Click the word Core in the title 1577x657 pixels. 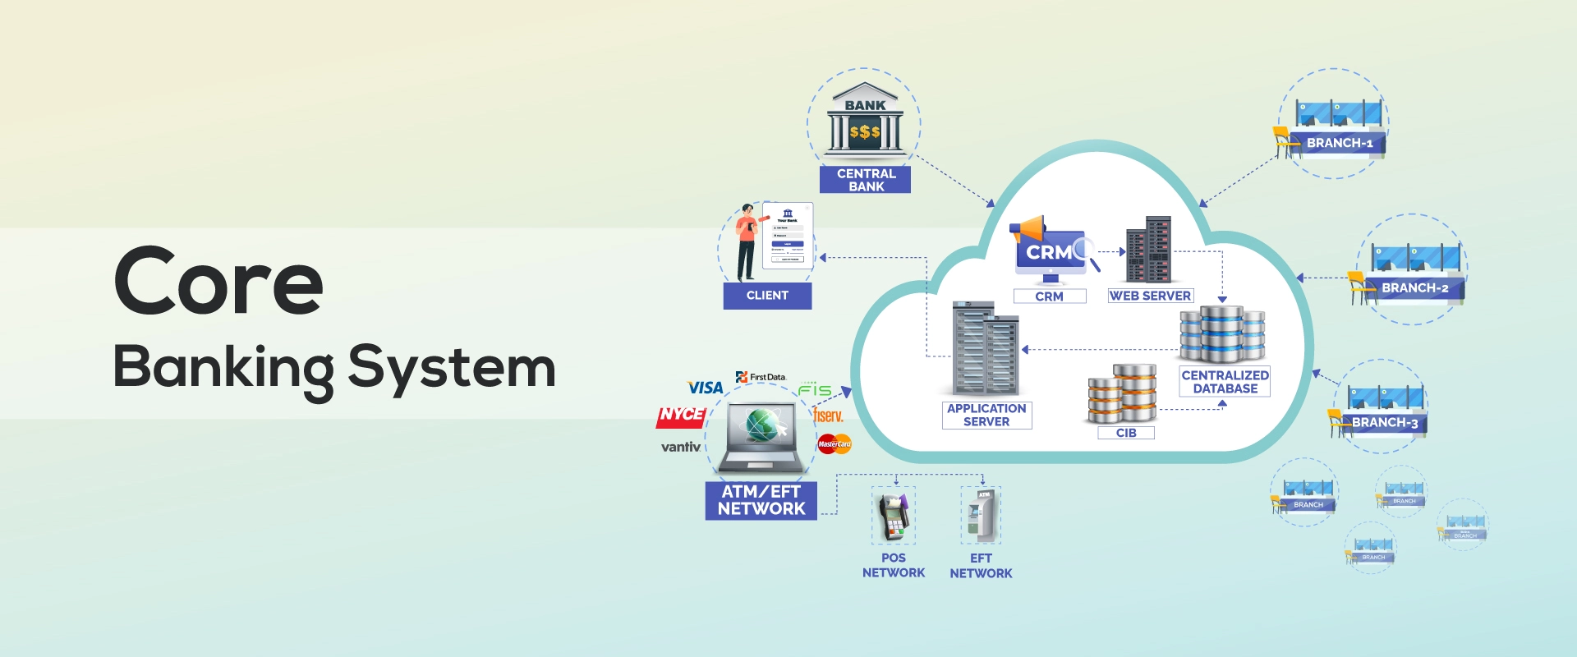(218, 282)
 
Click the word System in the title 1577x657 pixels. (452, 367)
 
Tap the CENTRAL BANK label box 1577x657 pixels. (866, 180)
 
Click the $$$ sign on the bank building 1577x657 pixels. (865, 131)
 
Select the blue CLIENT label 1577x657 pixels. (767, 296)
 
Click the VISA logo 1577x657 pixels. (705, 388)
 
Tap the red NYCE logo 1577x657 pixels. (681, 416)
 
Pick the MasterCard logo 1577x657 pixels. (834, 444)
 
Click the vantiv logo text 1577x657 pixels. (681, 447)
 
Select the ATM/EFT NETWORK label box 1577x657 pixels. (761, 500)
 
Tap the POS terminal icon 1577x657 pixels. (894, 517)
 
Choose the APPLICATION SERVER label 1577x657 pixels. (986, 415)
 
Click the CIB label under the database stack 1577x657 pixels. (1126, 433)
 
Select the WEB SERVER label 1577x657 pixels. (1150, 296)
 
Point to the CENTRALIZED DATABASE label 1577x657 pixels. (1225, 382)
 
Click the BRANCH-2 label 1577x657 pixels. (1414, 288)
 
